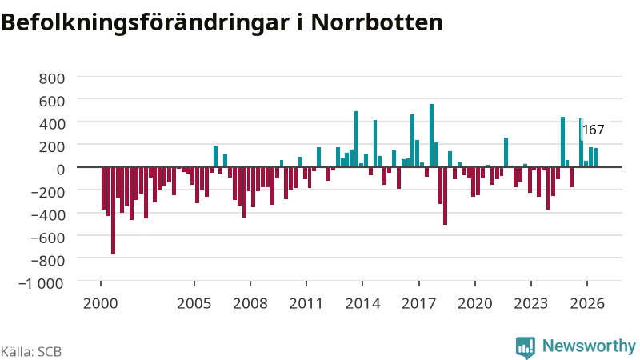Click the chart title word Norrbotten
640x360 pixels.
tap(377, 22)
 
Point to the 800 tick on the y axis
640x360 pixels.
tap(52, 78)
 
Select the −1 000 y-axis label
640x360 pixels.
tap(42, 283)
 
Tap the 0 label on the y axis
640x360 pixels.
tap(61, 170)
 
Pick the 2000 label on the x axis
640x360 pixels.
tap(101, 303)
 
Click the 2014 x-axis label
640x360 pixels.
tap(362, 303)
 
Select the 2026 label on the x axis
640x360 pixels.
tap(587, 303)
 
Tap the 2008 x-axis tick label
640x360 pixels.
tap(250, 303)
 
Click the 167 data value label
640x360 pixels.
tap(594, 130)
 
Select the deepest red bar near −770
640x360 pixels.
tap(113, 210)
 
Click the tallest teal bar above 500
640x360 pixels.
tap(431, 135)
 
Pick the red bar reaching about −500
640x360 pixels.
tap(446, 195)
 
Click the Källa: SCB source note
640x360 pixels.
tap(31, 351)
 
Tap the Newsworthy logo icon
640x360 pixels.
tap(526, 347)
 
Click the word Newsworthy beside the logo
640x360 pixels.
tap(589, 346)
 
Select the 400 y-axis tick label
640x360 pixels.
tap(52, 124)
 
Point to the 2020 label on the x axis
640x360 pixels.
tap(475, 303)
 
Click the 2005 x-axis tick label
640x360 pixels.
tap(194, 303)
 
